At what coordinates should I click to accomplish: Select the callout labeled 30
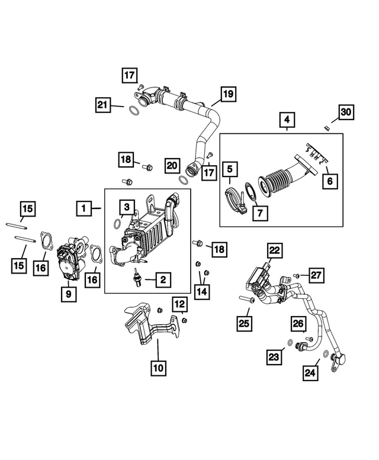345,111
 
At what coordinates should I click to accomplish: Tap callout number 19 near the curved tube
229,93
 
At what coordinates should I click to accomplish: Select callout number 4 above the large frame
287,121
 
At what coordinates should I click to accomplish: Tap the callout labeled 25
245,323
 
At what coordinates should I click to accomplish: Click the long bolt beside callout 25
246,300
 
